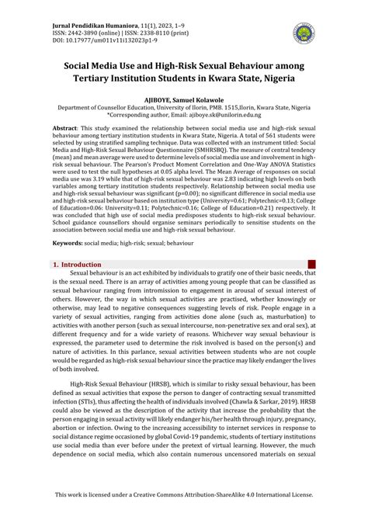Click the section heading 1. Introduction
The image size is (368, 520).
coord(76,265)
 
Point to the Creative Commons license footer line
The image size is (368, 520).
coord(184,494)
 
